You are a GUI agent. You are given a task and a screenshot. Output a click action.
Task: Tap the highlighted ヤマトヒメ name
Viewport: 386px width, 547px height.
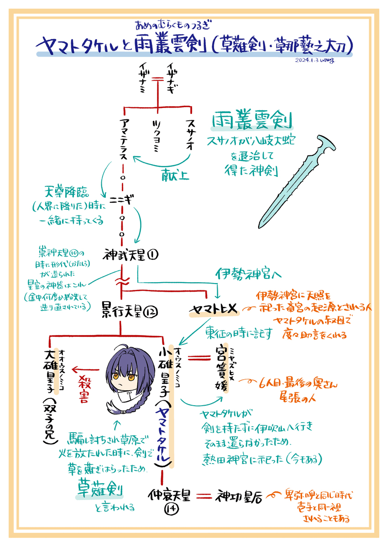(214, 310)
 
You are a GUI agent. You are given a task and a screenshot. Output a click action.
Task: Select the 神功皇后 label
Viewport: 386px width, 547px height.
(240, 496)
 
